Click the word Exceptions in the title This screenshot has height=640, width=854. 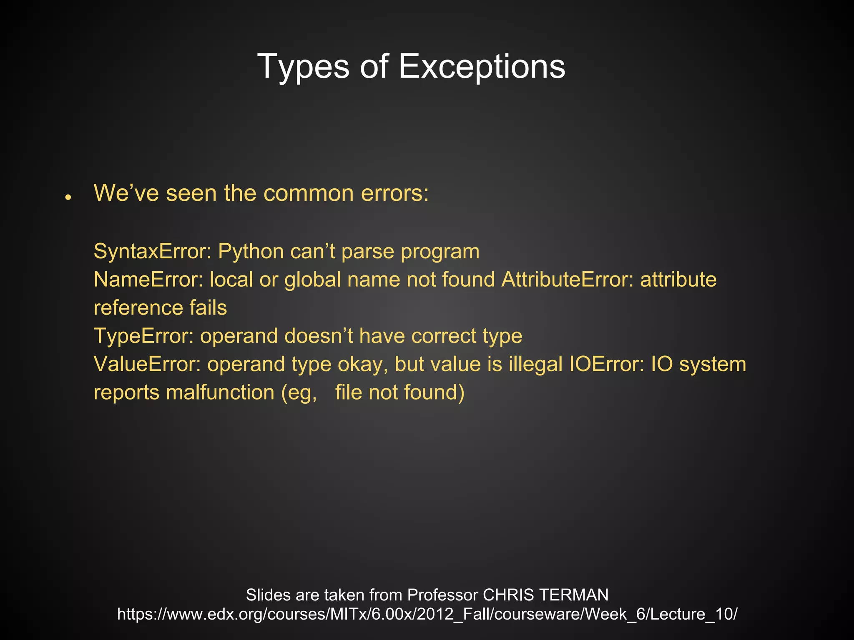click(x=482, y=67)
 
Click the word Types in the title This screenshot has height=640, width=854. click(x=303, y=67)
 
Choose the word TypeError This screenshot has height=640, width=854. click(x=143, y=336)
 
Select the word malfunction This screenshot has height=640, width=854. click(x=220, y=392)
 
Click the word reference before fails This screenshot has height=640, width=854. click(x=138, y=308)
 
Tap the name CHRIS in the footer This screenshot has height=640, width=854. click(x=508, y=595)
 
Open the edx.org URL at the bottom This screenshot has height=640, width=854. click(x=427, y=614)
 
